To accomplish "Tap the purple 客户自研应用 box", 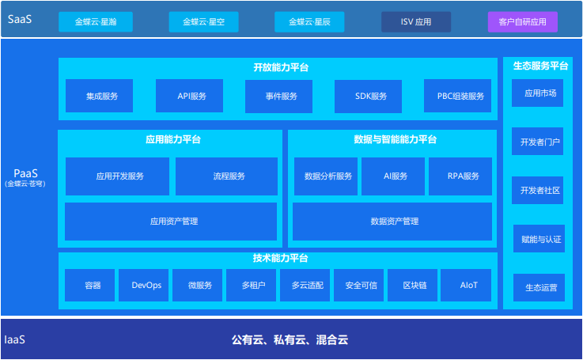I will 522,21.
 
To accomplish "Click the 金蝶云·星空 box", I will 203,21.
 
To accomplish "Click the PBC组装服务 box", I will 459,96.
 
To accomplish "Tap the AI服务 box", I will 393,176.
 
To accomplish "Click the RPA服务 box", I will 460,176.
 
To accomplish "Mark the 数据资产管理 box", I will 394,222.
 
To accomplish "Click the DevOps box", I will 146,285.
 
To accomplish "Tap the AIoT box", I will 469,285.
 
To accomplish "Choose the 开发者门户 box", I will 538,143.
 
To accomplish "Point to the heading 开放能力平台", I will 281,67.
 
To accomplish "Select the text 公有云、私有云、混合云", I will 290,340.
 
